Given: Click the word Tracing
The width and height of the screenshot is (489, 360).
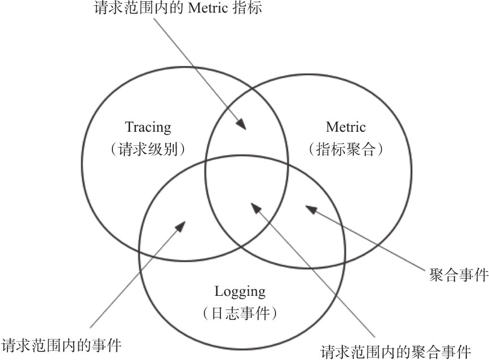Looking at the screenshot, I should tap(148, 127).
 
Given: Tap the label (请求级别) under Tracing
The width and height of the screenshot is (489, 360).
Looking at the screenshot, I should tap(148, 149).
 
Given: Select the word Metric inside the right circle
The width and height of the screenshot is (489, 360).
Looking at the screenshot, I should tap(346, 127).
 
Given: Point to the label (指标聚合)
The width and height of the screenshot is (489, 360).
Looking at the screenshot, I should tap(346, 149).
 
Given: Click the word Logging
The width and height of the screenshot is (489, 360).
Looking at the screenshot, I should tap(240, 292).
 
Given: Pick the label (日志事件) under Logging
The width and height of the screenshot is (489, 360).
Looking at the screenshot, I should tap(240, 313).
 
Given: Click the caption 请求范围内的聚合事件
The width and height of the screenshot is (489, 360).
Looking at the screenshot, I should tap(396, 350).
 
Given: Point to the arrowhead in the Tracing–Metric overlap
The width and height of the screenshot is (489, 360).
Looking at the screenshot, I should tap(243, 124).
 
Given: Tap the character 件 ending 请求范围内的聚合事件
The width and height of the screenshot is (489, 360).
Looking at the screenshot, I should tap(465, 350).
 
